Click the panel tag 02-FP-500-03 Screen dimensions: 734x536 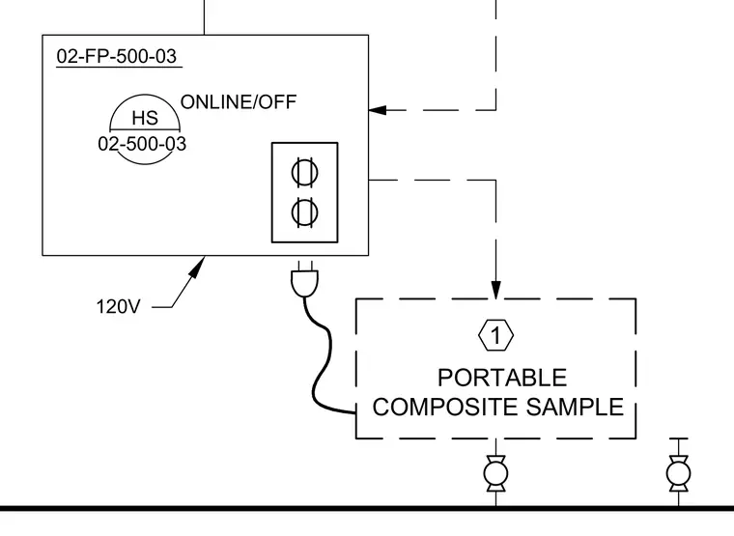[117, 56]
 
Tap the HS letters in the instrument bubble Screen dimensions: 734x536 [145, 118]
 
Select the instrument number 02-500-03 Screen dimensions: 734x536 [142, 144]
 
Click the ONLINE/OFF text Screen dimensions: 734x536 [239, 102]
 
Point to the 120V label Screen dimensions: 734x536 [118, 306]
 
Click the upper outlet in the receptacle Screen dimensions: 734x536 [305, 172]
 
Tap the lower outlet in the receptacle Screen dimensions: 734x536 [305, 212]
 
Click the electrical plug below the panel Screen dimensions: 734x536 [305, 279]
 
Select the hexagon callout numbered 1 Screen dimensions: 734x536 [495, 335]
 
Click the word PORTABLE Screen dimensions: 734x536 [502, 378]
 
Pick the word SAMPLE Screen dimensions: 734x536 [575, 407]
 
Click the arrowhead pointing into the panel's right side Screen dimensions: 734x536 [378, 110]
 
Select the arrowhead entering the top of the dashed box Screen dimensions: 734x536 [495, 290]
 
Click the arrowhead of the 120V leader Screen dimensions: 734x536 [199, 266]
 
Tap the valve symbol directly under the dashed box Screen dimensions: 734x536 [495, 474]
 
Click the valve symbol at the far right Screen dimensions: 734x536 [678, 474]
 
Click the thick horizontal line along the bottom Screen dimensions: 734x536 [367, 508]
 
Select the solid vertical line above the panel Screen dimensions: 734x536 [204, 17]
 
